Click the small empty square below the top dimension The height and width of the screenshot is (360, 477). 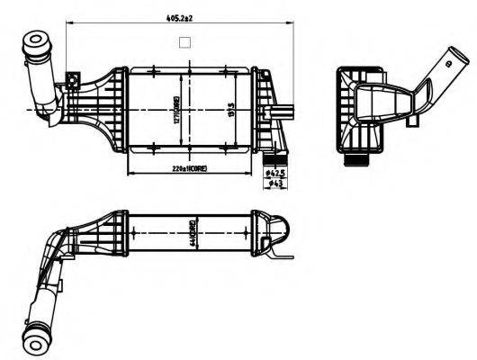(184, 41)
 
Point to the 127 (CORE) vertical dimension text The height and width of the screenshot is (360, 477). (180, 111)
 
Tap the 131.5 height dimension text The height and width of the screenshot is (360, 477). (231, 111)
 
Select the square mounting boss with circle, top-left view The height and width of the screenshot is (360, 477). (69, 83)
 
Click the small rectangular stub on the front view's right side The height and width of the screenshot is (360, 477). (288, 112)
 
